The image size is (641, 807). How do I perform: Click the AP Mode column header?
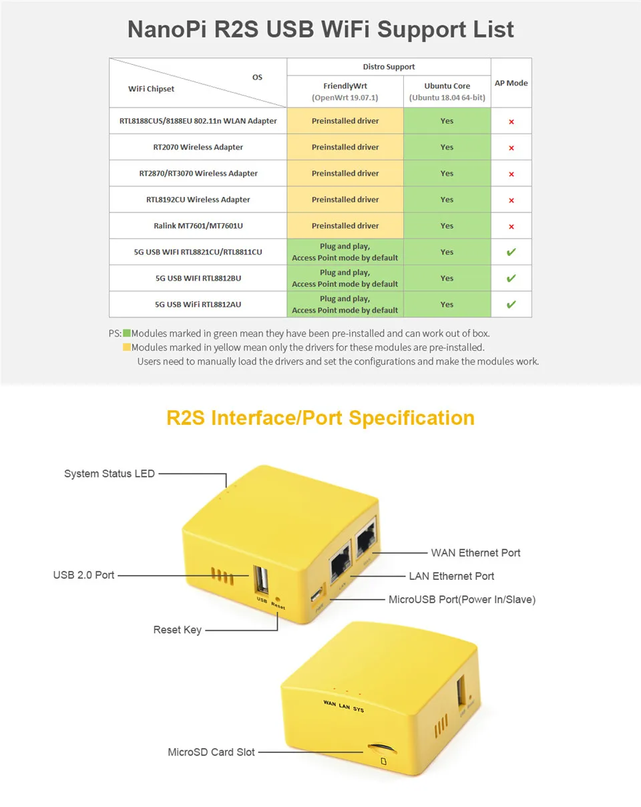[x=511, y=83]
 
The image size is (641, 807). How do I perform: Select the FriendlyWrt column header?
[x=345, y=86]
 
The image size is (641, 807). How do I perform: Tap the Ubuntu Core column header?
[x=447, y=86]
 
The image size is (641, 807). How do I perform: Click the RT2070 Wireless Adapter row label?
[x=198, y=147]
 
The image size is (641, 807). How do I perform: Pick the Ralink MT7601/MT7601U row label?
[x=198, y=226]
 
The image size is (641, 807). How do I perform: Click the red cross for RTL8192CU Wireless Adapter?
[x=511, y=200]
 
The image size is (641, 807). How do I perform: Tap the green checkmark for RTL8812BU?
[x=511, y=278]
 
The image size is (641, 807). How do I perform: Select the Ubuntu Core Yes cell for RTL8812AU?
[x=447, y=305]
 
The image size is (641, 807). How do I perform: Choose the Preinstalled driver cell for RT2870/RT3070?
[x=345, y=173]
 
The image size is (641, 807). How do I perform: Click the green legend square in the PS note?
[x=127, y=333]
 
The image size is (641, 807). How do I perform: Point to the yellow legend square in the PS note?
[x=127, y=347]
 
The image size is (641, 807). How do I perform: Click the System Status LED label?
[x=110, y=474]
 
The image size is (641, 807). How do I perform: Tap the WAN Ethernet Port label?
[x=475, y=552]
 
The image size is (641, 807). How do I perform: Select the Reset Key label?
[x=177, y=629]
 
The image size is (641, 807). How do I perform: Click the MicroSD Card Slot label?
[x=211, y=752]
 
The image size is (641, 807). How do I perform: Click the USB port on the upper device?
[x=261, y=579]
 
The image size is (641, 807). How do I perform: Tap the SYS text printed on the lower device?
[x=359, y=709]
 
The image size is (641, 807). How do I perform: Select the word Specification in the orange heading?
[x=411, y=418]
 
